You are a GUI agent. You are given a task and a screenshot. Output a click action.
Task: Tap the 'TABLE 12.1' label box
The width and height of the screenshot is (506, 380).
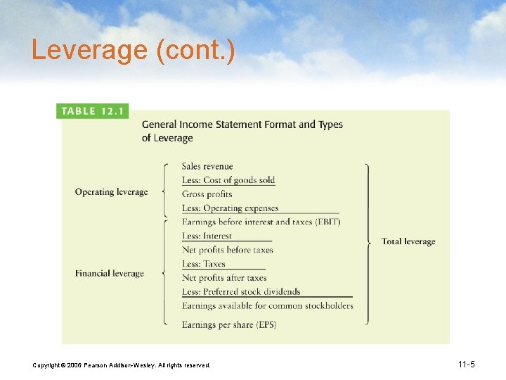pos(93,111)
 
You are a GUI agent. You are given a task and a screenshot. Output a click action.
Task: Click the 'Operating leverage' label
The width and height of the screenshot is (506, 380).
pos(111,192)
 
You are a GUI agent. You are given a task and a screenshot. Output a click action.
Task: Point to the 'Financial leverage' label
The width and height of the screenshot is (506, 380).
pos(109,274)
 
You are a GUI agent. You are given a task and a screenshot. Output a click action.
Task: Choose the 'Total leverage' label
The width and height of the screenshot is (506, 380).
pos(408,241)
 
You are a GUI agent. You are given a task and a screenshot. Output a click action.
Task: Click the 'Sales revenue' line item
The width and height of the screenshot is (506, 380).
pos(207,167)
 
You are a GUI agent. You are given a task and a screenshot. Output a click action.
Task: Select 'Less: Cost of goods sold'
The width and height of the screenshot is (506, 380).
pos(228,180)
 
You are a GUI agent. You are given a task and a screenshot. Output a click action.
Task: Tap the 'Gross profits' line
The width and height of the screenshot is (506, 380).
pos(207,194)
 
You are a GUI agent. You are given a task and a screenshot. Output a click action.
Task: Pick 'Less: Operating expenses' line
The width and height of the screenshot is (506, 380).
pos(230,208)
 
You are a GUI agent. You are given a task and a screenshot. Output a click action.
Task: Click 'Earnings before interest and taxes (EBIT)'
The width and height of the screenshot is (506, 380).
pos(261,222)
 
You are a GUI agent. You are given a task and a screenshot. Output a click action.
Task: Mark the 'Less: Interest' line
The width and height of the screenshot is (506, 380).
pos(207,236)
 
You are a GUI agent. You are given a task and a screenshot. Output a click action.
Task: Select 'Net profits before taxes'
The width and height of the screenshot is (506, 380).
pos(227,250)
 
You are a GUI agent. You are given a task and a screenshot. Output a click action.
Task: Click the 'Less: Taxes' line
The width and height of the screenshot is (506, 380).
pos(204,264)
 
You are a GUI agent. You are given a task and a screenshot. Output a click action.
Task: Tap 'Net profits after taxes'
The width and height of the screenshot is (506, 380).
pos(224,278)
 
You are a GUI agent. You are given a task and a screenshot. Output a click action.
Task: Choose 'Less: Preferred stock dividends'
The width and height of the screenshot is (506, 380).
pos(241,291)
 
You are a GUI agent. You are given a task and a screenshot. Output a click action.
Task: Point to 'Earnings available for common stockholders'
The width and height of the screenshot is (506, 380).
pos(267,305)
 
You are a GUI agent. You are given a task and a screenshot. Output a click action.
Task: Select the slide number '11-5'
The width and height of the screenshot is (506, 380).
pos(466,365)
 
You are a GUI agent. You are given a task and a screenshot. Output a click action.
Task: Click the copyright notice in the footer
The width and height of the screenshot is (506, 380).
pos(121,365)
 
